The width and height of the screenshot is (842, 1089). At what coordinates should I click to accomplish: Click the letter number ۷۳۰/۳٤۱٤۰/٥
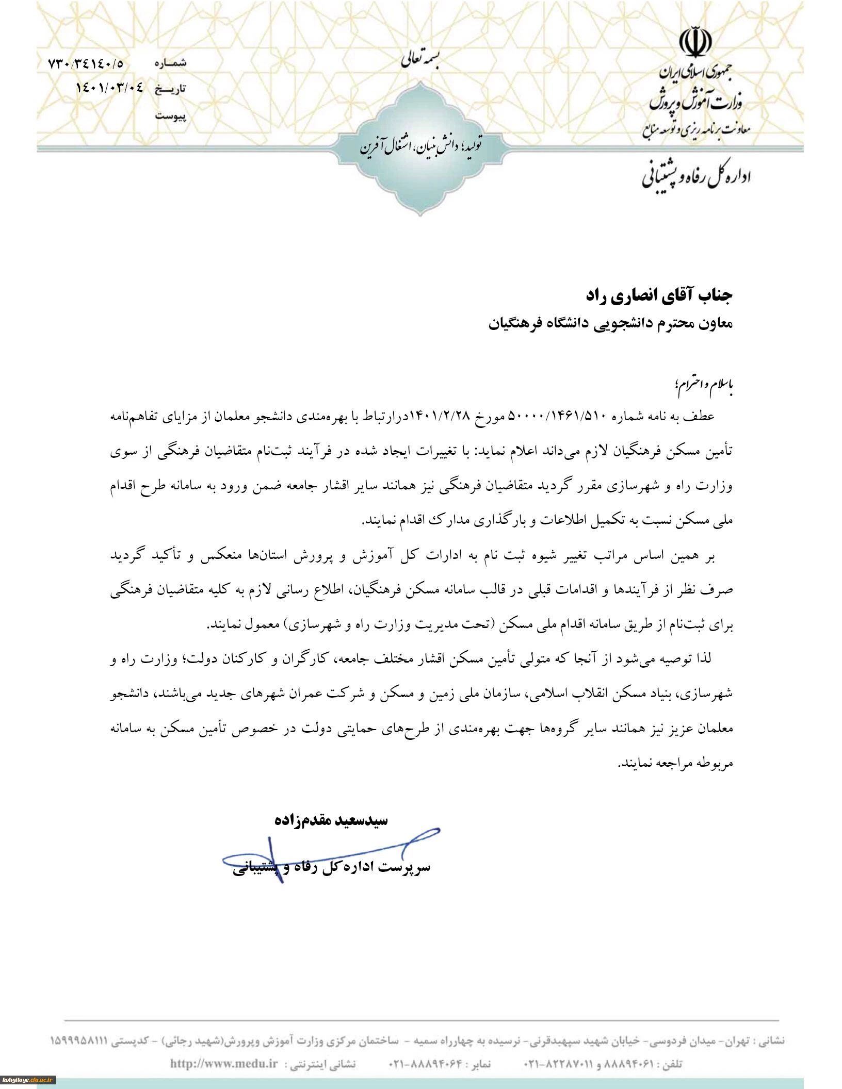[86, 64]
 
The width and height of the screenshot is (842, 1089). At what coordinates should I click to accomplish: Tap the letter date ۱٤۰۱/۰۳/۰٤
[110, 88]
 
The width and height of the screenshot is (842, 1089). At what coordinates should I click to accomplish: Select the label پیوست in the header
[170, 116]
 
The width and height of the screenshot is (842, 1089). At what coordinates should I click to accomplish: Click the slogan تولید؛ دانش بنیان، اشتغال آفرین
[421, 146]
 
